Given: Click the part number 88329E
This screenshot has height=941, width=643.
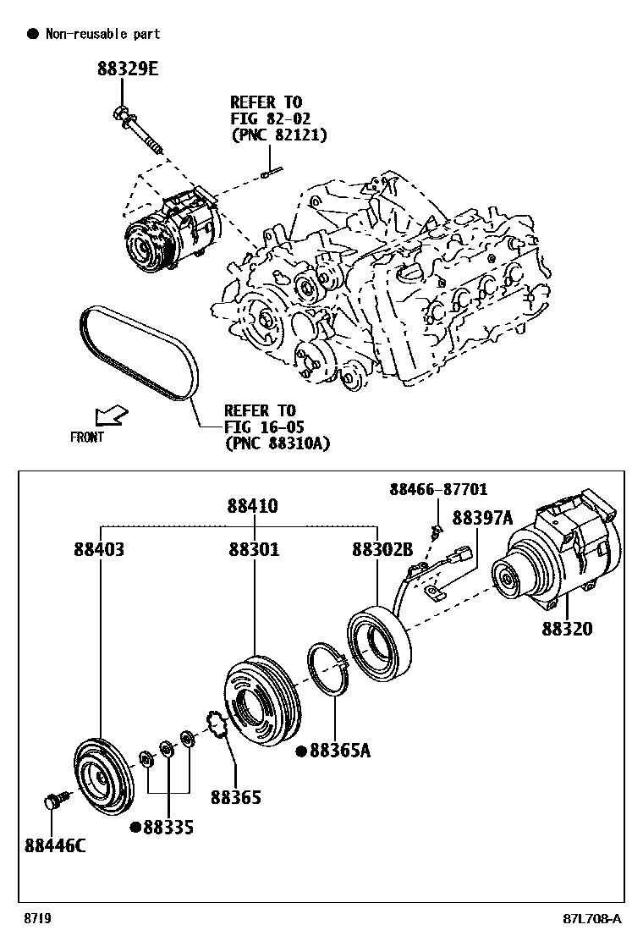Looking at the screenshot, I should [126, 69].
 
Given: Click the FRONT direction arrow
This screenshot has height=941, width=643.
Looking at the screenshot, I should [112, 415].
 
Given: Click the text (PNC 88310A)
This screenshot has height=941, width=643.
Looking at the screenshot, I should [277, 443].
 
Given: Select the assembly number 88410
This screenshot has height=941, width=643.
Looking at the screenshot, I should [252, 506].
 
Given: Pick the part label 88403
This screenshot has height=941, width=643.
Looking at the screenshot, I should [99, 550].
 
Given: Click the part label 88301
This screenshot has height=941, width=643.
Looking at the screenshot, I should [253, 550].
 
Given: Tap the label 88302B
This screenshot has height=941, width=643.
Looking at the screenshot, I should [382, 550].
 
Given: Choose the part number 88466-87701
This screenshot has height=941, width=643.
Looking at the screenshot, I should [438, 490].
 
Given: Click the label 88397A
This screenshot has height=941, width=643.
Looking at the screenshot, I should [482, 518].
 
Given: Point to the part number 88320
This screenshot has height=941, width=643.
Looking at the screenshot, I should [567, 629].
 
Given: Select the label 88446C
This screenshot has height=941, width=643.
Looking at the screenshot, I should [55, 845].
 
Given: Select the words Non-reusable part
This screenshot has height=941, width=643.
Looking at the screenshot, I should [102, 34].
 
